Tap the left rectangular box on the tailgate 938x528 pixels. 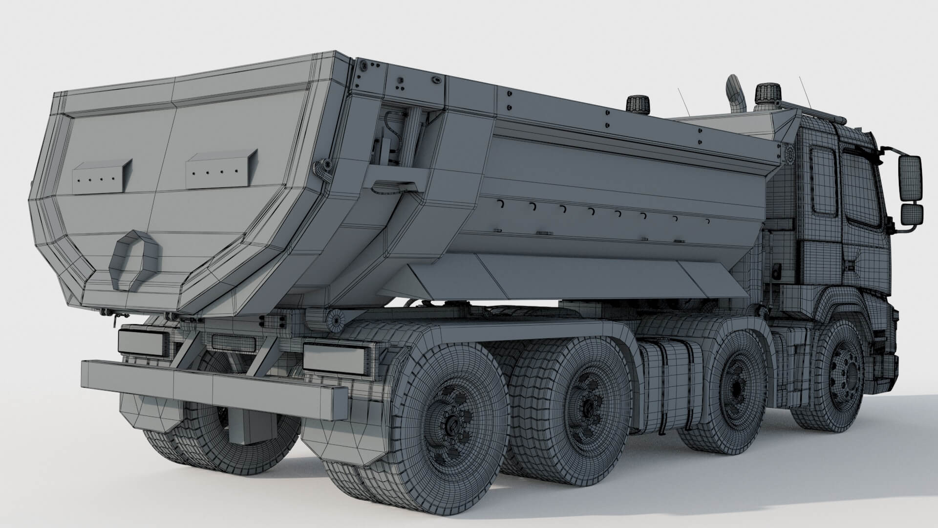point(103,175)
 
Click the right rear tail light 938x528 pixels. point(335,357)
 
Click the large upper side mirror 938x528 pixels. point(910,178)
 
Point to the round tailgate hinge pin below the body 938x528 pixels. point(335,318)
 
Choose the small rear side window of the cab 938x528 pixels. point(823,181)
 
